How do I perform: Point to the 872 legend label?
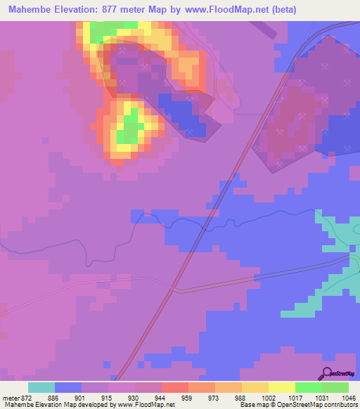pos(27,398)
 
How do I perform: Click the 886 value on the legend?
pos(53,398)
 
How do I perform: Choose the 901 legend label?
pos(80,398)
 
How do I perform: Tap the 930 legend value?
pos(134,398)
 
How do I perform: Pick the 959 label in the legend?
pos(187,398)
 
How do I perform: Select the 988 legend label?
pos(240,398)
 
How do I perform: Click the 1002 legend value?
pos(267,398)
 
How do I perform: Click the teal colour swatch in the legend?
pos(41,387)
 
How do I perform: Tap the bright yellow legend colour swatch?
pos(281,387)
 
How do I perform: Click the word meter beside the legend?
pos(10,398)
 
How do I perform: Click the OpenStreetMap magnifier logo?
pos(327,374)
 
